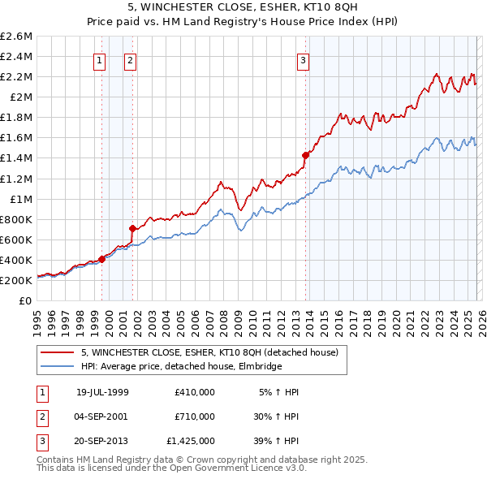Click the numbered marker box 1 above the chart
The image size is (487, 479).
click(x=99, y=59)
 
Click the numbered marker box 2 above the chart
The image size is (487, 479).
click(x=130, y=59)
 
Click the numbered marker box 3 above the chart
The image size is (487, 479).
click(x=303, y=59)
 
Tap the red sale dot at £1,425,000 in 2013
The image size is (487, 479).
click(x=305, y=155)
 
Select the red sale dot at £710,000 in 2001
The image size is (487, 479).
click(x=132, y=228)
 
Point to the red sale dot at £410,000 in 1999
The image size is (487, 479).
click(x=101, y=259)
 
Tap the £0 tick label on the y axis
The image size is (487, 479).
click(x=24, y=300)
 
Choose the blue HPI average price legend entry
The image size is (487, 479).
click(x=181, y=366)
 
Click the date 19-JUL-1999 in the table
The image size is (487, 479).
click(x=102, y=392)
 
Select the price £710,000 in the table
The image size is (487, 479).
click(x=195, y=416)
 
